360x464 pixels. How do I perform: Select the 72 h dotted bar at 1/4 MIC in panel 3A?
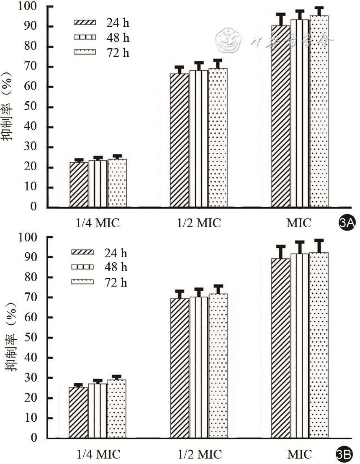pyautogui.click(x=117, y=183)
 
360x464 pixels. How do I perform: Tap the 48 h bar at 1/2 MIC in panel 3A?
pyautogui.click(x=199, y=138)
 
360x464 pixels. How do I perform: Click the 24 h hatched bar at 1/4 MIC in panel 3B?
pyautogui.click(x=78, y=413)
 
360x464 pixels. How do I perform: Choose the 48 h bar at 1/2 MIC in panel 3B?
pyautogui.click(x=199, y=367)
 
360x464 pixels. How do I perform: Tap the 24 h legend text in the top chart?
pyautogui.click(x=117, y=23)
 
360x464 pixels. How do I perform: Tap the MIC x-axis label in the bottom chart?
pyautogui.click(x=299, y=454)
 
